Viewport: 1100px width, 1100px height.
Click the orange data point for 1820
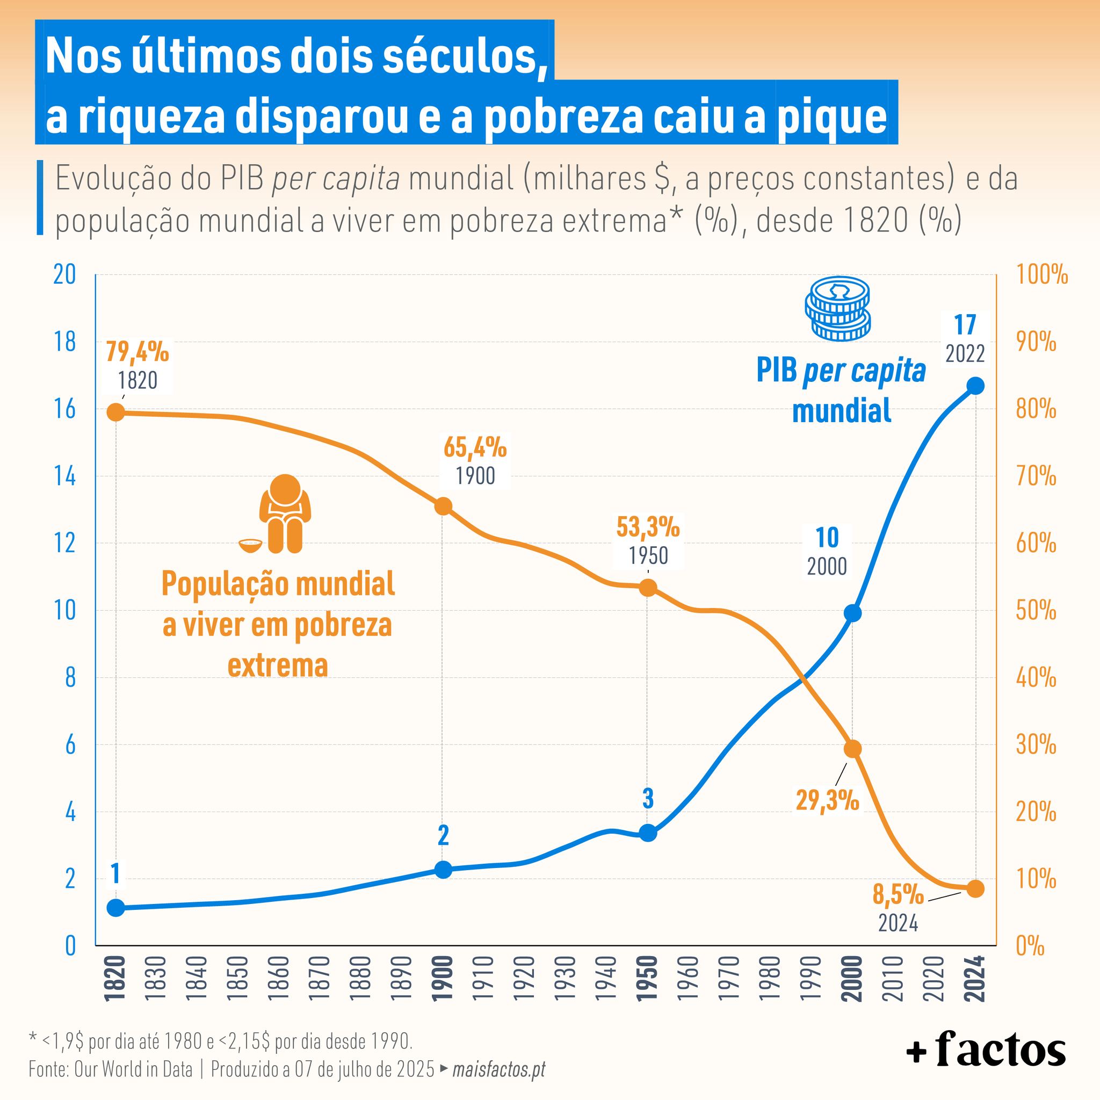pos(116,412)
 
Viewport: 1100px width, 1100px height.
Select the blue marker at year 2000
pos(852,613)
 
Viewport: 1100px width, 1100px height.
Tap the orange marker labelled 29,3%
pos(852,749)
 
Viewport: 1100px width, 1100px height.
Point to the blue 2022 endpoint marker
pos(975,386)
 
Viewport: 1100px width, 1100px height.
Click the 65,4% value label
pos(475,448)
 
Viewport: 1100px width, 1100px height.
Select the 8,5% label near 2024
pos(899,894)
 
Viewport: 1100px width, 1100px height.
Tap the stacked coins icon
pos(837,309)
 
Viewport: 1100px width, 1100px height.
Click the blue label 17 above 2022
pos(965,325)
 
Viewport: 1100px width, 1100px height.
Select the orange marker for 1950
pos(648,588)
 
